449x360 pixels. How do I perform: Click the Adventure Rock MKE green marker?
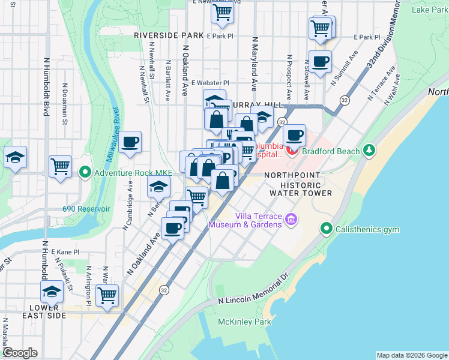click(x=85, y=173)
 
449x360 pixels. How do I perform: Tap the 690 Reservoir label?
click(x=86, y=209)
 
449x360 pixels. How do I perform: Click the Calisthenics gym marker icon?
click(x=327, y=228)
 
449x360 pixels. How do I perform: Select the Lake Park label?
click(x=429, y=10)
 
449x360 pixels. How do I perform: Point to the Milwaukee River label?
click(x=115, y=129)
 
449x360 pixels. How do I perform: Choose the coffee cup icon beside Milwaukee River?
click(x=130, y=143)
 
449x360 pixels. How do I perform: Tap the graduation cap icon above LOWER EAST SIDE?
click(x=52, y=292)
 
